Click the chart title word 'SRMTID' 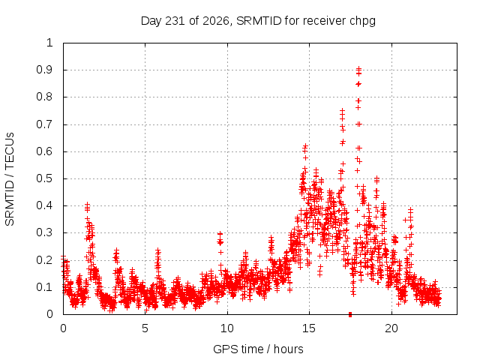tap(259, 21)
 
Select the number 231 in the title tap(175, 21)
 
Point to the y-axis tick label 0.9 tap(45, 70)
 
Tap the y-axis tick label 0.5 tap(45, 178)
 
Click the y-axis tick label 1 tap(49, 43)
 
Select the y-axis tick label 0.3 tap(45, 232)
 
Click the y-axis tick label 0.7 tap(45, 124)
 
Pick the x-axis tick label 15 tap(309, 328)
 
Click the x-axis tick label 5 tap(145, 328)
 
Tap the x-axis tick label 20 tap(391, 328)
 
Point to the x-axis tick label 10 tap(227, 328)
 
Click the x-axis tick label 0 tap(63, 328)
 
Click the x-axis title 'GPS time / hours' tap(258, 349)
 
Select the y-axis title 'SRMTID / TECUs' tap(10, 179)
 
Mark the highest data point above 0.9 tap(358, 68)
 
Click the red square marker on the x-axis tap(350, 314)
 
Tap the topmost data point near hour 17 tap(342, 110)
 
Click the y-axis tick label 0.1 tap(45, 287)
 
